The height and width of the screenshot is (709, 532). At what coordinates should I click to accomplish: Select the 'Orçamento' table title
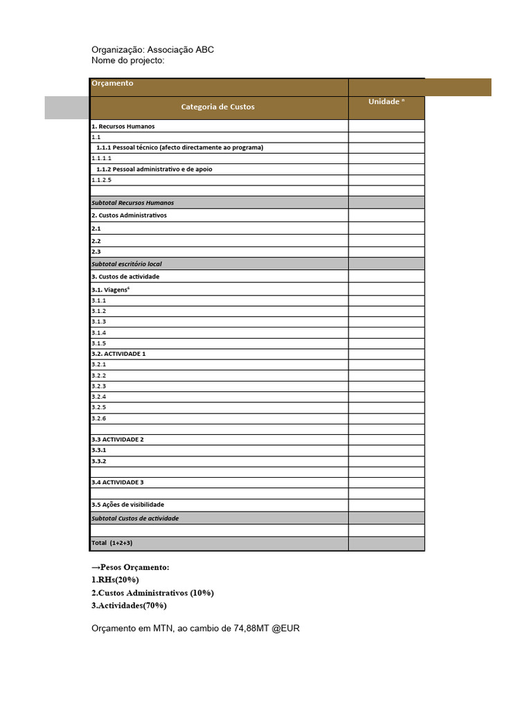pyautogui.click(x=112, y=84)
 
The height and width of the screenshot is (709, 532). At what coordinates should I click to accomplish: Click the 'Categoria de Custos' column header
pyautogui.click(x=218, y=107)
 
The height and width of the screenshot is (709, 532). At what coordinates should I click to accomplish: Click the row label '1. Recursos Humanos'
pyautogui.click(x=123, y=127)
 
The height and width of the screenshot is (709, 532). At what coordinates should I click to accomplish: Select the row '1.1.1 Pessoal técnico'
pyautogui.click(x=179, y=147)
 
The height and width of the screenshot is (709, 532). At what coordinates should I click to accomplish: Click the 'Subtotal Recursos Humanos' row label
pyautogui.click(x=133, y=203)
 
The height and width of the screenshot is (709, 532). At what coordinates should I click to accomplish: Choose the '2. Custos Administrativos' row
pyautogui.click(x=129, y=215)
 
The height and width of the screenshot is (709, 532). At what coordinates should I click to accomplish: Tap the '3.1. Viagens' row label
pyautogui.click(x=111, y=289)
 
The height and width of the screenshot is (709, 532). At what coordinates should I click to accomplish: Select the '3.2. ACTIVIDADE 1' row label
pyautogui.click(x=118, y=354)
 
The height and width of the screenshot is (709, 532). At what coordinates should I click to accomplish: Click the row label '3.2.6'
pyautogui.click(x=99, y=418)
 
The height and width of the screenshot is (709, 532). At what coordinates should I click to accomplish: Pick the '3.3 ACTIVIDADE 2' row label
pyautogui.click(x=118, y=440)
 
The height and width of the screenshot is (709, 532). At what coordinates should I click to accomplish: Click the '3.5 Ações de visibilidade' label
pyautogui.click(x=128, y=505)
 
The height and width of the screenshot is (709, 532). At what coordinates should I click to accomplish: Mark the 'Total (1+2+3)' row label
pyautogui.click(x=112, y=543)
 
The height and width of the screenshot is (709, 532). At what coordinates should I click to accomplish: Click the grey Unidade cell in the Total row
pyautogui.click(x=386, y=544)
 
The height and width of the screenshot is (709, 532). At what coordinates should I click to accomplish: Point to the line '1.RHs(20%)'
pyautogui.click(x=120, y=580)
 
